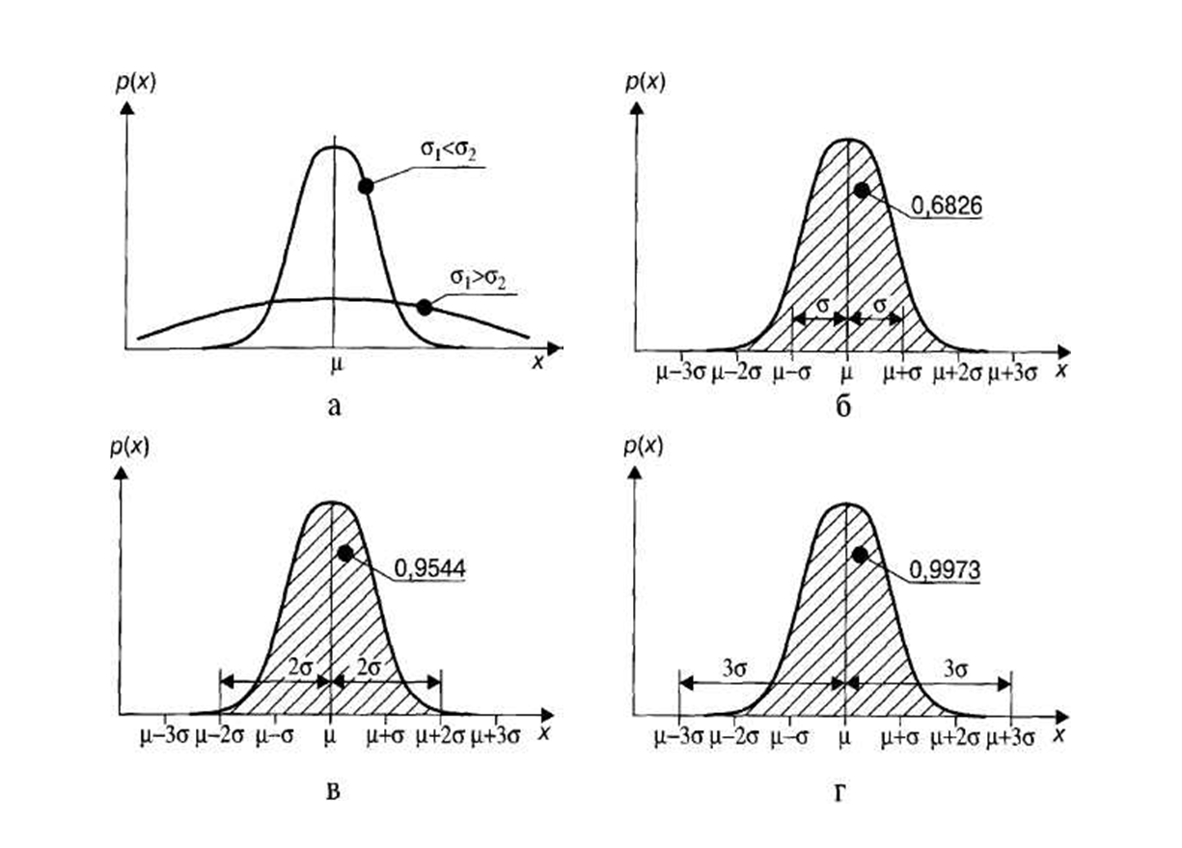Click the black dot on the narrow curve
point(366,186)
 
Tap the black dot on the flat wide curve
point(424,307)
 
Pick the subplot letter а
point(334,406)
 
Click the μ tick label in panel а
point(335,368)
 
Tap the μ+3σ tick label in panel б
point(1011,372)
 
